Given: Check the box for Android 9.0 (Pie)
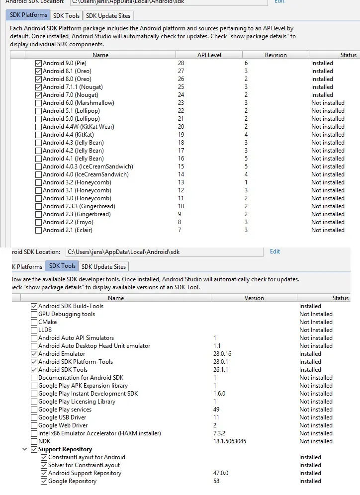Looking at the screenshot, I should pyautogui.click(x=39, y=63).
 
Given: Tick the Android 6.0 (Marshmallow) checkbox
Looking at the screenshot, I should pyautogui.click(x=39, y=103).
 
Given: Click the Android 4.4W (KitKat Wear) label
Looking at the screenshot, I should pyautogui.click(x=78, y=127).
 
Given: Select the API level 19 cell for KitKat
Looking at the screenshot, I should pyautogui.click(x=181, y=135).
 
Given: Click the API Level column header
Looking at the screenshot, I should pyautogui.click(x=209, y=55).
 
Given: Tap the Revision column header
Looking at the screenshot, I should pyautogui.click(x=275, y=55).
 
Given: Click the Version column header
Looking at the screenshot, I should pyautogui.click(x=254, y=298).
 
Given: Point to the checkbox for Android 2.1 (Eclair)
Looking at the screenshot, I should pyautogui.click(x=39, y=230).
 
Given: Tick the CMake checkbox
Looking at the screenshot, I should pyautogui.click(x=34, y=322).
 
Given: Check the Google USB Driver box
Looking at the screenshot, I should pyautogui.click(x=34, y=417).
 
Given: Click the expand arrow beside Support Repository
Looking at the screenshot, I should pyautogui.click(x=24, y=449).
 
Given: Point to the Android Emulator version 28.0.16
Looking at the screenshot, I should pyautogui.click(x=225, y=354).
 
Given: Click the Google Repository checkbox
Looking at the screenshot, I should pyautogui.click(x=44, y=481).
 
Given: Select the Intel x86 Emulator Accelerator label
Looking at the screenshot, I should pyautogui.click(x=99, y=433).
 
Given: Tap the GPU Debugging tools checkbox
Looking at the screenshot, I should pyautogui.click(x=34, y=314).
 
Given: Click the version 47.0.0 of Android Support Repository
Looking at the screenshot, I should pyautogui.click(x=221, y=473).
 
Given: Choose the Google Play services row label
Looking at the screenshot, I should pyautogui.click(x=65, y=410).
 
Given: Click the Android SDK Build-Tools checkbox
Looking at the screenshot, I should pyautogui.click(x=34, y=306).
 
